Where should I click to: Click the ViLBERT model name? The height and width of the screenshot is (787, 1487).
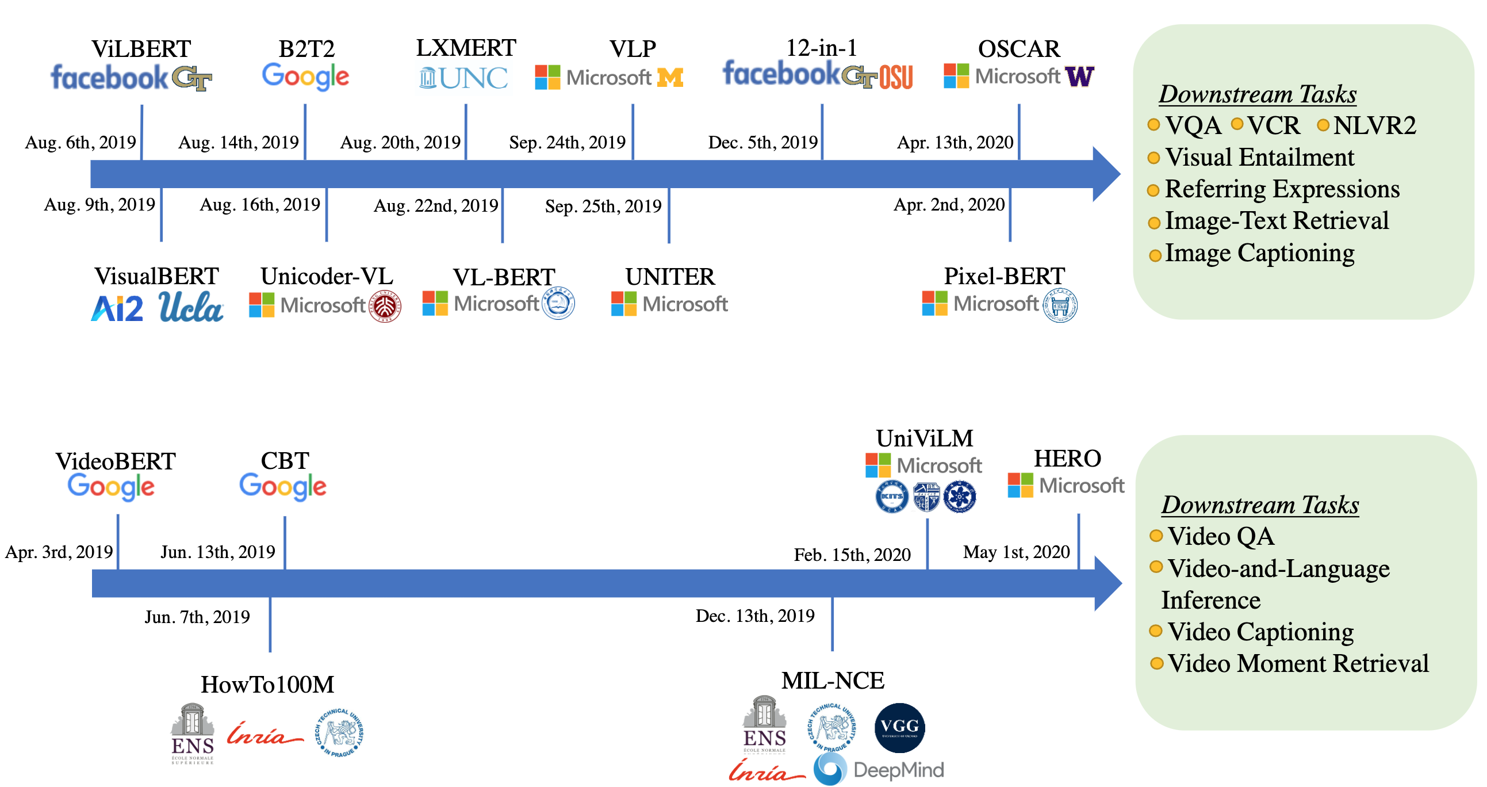(141, 49)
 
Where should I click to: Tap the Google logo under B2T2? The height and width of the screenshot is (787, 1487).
(305, 77)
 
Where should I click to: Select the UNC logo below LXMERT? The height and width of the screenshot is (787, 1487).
(464, 78)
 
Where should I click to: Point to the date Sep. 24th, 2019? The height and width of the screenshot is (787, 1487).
(567, 142)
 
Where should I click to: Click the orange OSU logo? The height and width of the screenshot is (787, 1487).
(896, 77)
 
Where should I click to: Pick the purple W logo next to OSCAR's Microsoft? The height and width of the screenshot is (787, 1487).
(1079, 76)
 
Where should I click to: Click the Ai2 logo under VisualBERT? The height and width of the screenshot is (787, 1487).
(117, 308)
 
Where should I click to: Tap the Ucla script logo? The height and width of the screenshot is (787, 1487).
(190, 307)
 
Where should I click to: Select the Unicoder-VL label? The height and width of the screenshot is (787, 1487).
(327, 276)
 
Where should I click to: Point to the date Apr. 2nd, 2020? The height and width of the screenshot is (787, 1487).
(948, 204)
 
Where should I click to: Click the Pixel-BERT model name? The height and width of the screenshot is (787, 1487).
(1004, 276)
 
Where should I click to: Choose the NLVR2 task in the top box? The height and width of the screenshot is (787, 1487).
(1374, 125)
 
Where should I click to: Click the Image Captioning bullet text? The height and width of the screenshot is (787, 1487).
(1259, 253)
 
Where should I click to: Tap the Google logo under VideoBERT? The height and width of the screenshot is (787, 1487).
(111, 487)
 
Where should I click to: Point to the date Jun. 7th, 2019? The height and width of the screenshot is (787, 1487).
(197, 617)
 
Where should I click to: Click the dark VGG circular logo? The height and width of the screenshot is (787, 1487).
(899, 728)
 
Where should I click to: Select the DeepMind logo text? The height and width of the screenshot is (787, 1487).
(898, 770)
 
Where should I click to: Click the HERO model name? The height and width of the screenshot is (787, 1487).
(1067, 459)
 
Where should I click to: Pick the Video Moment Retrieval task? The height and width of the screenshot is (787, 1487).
(1298, 663)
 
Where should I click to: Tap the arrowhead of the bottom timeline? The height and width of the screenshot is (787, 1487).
(1107, 583)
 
